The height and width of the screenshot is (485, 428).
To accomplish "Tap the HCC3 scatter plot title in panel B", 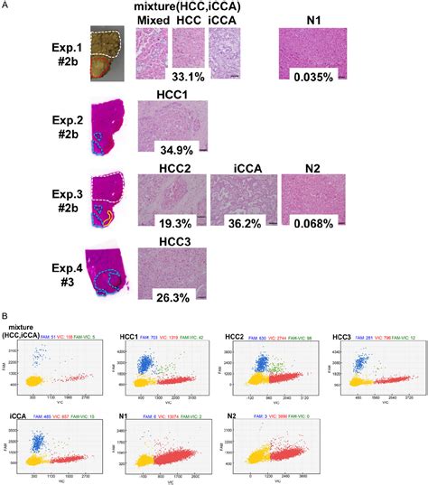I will click(x=344, y=336).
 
